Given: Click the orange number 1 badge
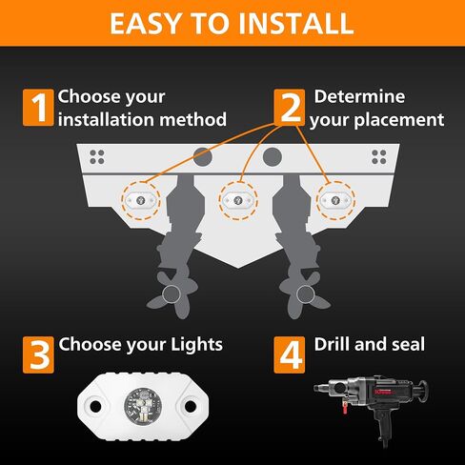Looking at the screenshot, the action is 38,108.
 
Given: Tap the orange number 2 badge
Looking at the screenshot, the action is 290,108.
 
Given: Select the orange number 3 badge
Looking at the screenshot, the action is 38,354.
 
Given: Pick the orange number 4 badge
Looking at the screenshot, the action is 290,354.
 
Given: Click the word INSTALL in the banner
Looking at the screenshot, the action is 296,24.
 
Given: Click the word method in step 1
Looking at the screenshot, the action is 192,120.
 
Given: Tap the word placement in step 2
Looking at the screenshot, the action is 399,121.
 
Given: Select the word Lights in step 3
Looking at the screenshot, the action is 196,345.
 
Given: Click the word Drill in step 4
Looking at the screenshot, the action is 332,344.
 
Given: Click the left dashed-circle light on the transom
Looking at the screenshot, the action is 141,200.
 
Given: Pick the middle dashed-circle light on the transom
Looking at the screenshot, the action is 238,200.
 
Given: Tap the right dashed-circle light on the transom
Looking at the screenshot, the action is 335,200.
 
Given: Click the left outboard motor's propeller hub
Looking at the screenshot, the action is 172,294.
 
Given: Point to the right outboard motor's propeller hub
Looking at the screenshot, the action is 306,294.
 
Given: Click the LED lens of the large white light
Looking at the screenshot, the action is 143,406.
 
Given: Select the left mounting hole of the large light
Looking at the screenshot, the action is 95,406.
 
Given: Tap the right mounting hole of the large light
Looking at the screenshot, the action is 191,406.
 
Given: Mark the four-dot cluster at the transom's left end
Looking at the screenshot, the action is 97,157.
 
